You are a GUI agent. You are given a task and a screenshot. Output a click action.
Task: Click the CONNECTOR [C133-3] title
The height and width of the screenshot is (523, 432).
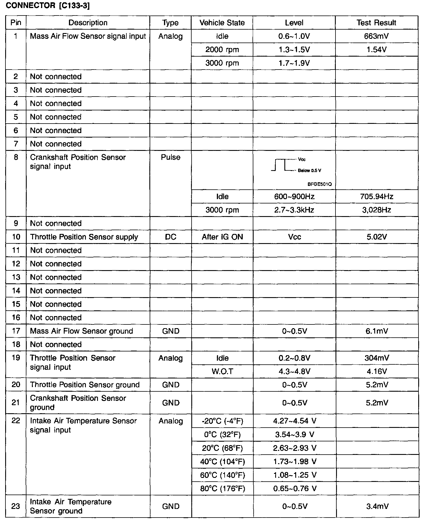[x=48, y=6]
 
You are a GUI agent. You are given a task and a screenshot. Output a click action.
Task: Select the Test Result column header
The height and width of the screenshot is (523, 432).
[x=376, y=23]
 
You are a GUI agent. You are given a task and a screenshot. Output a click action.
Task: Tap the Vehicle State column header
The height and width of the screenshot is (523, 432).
[x=222, y=23]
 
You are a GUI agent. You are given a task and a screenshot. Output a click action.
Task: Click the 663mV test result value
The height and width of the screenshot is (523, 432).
[x=376, y=36]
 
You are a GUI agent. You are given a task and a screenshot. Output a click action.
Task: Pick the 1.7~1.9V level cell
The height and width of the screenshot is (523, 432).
[x=294, y=63]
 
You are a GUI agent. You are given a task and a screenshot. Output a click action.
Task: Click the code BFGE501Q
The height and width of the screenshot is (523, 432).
[x=319, y=184]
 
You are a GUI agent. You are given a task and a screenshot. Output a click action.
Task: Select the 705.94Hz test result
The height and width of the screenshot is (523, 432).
[x=376, y=197]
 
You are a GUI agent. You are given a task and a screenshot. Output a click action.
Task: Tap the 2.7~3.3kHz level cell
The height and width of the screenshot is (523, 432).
[x=294, y=210]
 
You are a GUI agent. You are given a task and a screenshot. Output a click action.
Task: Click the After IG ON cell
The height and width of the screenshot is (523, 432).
[x=222, y=237]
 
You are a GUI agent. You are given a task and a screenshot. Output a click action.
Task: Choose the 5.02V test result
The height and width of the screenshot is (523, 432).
[x=376, y=237]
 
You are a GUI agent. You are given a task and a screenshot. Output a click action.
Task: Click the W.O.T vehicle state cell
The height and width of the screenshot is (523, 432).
[x=222, y=372]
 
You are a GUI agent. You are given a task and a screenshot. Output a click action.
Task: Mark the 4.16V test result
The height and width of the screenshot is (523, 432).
[x=376, y=372]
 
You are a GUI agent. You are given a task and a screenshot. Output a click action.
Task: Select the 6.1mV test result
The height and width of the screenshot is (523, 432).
[x=376, y=331]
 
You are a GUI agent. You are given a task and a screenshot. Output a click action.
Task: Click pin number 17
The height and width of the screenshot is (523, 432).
[x=16, y=331]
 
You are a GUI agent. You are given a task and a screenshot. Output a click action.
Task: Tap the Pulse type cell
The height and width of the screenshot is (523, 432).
[x=171, y=157]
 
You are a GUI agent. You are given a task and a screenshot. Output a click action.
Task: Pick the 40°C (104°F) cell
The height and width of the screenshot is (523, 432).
[x=222, y=462]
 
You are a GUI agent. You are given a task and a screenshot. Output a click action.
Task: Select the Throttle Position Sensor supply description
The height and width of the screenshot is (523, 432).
[x=84, y=237]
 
